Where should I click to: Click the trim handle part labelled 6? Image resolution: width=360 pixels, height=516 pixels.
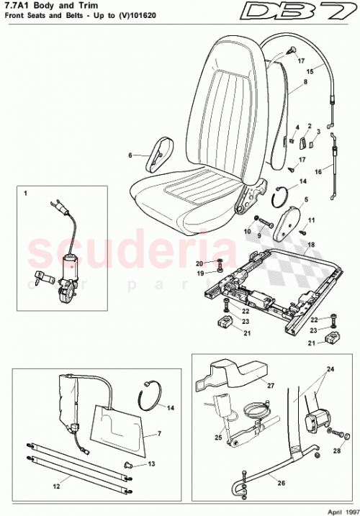coord(157,154)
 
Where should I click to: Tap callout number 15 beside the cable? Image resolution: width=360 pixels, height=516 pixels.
coord(310,71)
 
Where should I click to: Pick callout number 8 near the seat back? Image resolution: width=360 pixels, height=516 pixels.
coord(285,83)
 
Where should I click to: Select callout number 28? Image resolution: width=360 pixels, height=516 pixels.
coord(337,451)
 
